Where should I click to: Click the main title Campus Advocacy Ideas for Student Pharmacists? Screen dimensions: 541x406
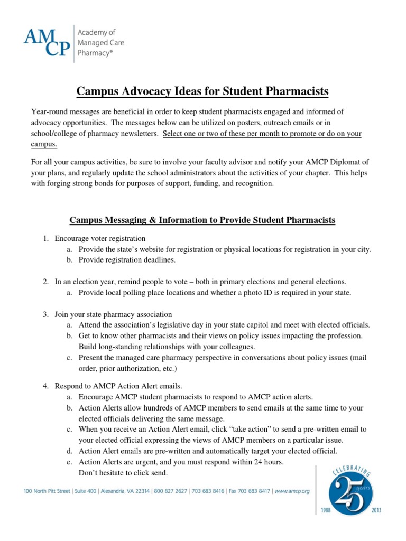(x=202, y=91)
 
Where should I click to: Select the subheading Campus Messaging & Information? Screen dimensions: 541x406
(x=202, y=220)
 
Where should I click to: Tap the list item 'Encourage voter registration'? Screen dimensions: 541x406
(x=100, y=238)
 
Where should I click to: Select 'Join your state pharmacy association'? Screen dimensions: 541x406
(x=113, y=314)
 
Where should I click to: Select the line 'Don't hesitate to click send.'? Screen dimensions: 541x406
(x=123, y=472)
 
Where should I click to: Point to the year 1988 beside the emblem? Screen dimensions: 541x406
(x=323, y=511)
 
